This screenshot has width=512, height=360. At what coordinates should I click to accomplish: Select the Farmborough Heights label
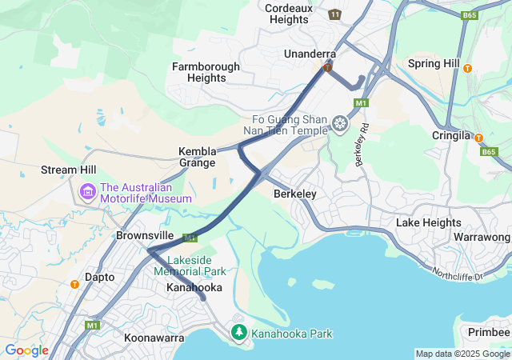pos(206,72)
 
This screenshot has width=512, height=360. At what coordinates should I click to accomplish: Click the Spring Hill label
pos(434,63)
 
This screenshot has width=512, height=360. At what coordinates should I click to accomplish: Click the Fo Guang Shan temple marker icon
pos(341,124)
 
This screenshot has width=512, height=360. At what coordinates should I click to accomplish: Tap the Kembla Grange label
pos(197,157)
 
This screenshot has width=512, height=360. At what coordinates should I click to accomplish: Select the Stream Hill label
pos(69,170)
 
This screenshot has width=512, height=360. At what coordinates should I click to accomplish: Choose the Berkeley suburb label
pos(295,194)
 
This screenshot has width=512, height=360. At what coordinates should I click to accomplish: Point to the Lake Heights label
pos(429,222)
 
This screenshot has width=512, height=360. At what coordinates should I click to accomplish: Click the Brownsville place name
pos(145,236)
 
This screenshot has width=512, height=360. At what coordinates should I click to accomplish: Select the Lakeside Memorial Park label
pos(190,266)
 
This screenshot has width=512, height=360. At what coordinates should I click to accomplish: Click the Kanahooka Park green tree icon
pos(238,332)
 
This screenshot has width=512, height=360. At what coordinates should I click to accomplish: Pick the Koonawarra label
pos(154,338)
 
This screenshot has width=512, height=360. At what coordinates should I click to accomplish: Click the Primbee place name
pos(488,332)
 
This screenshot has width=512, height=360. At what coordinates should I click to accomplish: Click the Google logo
pos(26,350)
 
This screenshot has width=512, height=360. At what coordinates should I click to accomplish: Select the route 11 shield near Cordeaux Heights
pos(334,14)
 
